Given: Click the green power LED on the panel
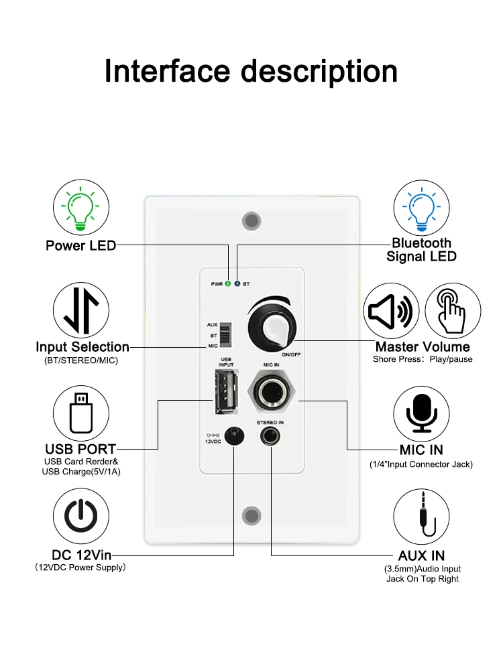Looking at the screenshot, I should pos(228,284).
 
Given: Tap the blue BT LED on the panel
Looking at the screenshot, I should pos(237,284).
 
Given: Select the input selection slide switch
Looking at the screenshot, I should pos(227,334).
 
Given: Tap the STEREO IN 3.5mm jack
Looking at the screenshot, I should pos(271,438).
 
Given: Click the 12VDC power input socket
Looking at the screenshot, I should pos(233,437).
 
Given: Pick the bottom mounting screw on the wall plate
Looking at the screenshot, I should pos(251,516).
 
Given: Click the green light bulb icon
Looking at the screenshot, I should pos(80,206).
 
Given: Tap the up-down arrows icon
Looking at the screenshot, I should pos(80,310).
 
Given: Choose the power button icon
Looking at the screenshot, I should pos(80,517).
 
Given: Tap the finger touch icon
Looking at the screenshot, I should pos(453,311).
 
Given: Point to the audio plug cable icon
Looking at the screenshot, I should pos(422,517).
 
